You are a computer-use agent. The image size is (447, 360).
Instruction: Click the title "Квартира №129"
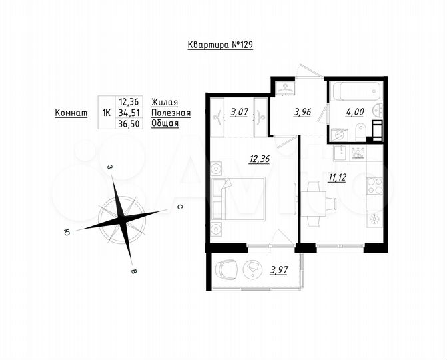220,45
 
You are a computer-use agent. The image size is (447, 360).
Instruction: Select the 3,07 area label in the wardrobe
238,112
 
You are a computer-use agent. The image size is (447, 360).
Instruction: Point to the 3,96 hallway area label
302,112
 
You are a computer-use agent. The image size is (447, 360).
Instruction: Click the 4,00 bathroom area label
354,112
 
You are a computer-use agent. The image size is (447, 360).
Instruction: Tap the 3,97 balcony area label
279,270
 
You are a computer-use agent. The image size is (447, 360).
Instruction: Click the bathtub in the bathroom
355,89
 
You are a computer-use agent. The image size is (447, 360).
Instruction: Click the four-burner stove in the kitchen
374,185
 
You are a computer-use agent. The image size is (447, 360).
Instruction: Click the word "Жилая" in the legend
164,102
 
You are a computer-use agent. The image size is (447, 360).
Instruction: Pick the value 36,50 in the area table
129,125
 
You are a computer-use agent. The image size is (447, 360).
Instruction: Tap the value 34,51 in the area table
129,113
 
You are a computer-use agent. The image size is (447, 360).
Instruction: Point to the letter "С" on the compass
180,207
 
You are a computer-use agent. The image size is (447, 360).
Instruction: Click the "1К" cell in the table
106,113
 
